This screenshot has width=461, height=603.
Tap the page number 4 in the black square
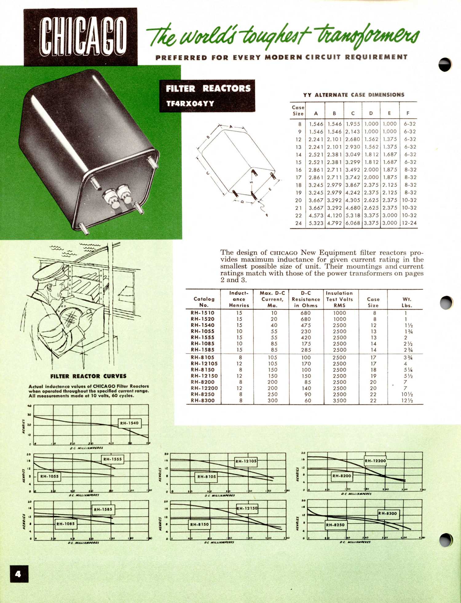19,574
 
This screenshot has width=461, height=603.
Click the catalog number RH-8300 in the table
203,400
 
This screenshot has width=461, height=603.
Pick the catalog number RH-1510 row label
203,313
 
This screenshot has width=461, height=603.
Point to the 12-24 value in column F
409,223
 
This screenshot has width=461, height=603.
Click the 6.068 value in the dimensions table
353,223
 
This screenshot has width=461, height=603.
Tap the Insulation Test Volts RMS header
339,299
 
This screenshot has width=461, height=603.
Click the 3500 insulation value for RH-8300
339,400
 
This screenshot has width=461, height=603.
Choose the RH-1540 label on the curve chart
129,423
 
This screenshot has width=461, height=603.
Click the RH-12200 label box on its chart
375,461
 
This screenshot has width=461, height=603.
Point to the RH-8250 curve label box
335,525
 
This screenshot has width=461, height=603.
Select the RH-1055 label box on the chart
49,476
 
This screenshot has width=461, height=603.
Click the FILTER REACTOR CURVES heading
88,376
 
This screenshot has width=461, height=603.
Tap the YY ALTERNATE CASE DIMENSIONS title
353,95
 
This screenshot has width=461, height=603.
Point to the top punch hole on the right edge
445,65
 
